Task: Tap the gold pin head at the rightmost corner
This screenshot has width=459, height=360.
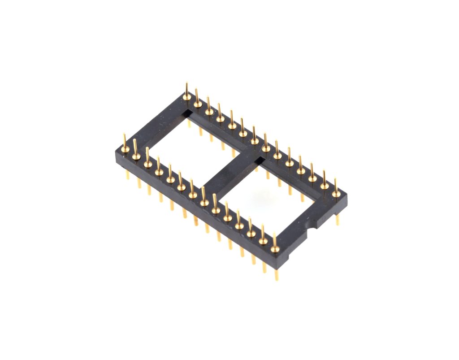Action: click(x=336, y=194)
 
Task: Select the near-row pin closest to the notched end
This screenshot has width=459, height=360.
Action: click(x=275, y=248)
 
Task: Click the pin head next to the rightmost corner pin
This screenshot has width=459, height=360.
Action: click(x=324, y=185)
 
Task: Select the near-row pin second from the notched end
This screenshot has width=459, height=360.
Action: click(x=263, y=241)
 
